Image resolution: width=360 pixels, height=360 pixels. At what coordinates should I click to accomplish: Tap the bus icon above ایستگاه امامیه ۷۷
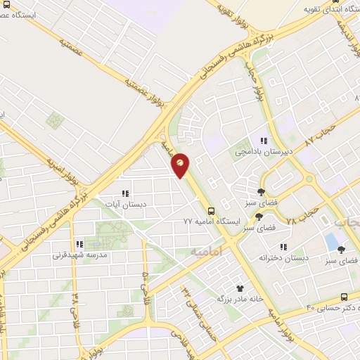pyautogui.click(x=210, y=210)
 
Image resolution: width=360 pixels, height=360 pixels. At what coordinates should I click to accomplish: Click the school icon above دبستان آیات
pyautogui.click(x=125, y=193)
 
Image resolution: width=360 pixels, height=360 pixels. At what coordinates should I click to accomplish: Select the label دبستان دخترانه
pyautogui.click(x=283, y=258)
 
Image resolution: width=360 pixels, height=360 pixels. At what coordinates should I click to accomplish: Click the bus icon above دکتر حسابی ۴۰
pyautogui.click(x=343, y=297)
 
